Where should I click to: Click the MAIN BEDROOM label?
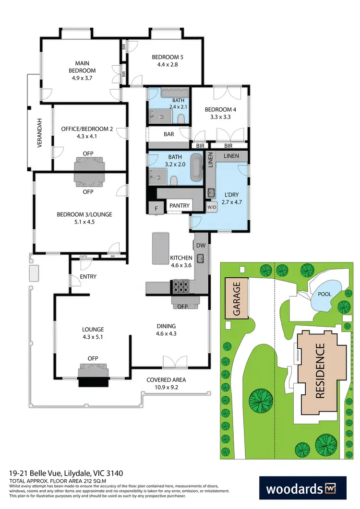coord(79,67)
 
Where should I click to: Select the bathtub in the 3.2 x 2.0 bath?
coord(197,167)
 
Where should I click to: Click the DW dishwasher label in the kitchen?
coord(201,246)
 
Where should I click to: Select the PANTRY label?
coord(179,206)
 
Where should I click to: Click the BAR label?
coord(169,134)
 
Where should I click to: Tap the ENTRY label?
coord(88,276)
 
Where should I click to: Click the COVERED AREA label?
coord(166,380)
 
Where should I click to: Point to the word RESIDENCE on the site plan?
coord(320,370)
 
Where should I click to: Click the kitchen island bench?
coord(161,248)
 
